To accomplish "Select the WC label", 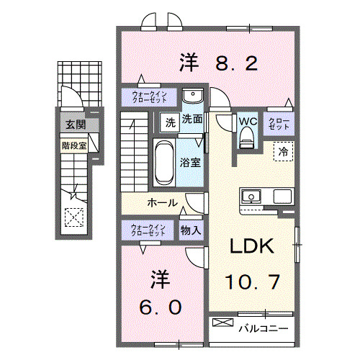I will pos(247,122).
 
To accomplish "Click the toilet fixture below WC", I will pos(247,140).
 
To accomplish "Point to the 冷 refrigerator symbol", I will pos(284,153).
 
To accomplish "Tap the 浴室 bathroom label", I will pos(191,163).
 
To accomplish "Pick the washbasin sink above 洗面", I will pos(192,97).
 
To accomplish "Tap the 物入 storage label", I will pos(190,230).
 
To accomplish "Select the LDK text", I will pos(251,247).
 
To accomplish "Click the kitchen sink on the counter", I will pos(252,196).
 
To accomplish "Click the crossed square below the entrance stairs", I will pos(73,216).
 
